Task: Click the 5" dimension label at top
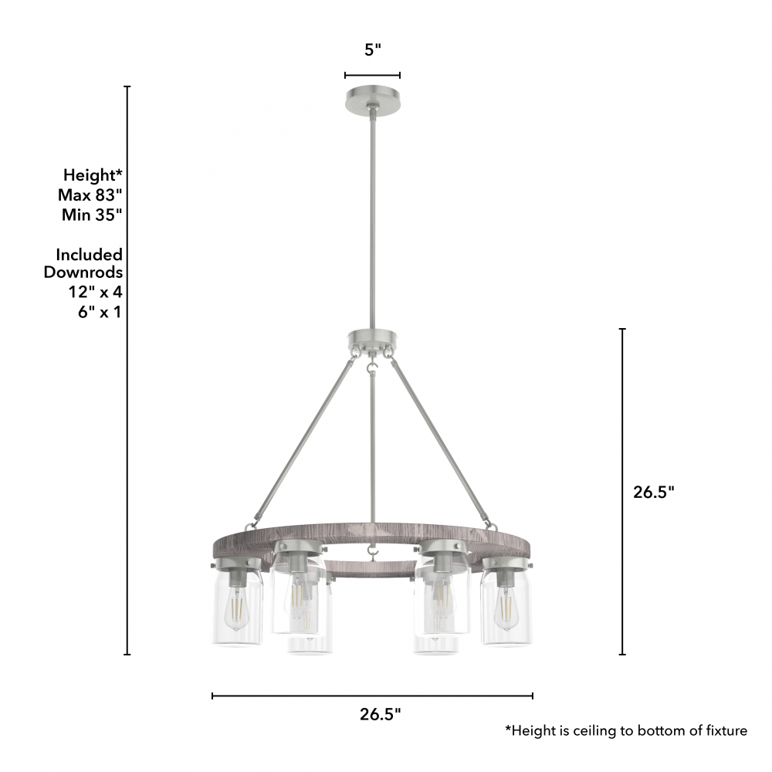(373, 49)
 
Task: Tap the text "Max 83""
(90, 195)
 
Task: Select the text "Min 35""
(92, 215)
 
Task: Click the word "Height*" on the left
(93, 174)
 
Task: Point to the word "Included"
(89, 255)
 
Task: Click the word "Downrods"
(83, 272)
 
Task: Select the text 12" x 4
(95, 292)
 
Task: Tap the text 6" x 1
(100, 312)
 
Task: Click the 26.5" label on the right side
(653, 492)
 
